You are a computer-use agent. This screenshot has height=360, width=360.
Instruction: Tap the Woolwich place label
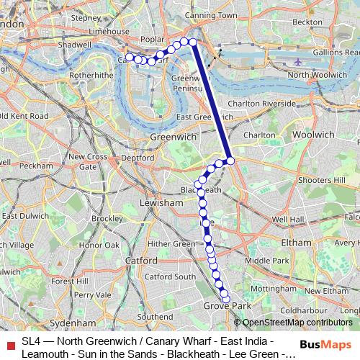315,135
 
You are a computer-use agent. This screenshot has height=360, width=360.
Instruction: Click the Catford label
141,260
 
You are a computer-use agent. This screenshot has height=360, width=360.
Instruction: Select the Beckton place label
307,22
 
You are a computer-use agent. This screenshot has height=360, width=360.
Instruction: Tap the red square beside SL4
9,341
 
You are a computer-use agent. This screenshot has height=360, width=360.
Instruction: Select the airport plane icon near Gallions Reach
298,62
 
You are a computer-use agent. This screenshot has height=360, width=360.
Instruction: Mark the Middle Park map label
266,260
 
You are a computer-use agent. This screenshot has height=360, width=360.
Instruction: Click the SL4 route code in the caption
31,341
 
